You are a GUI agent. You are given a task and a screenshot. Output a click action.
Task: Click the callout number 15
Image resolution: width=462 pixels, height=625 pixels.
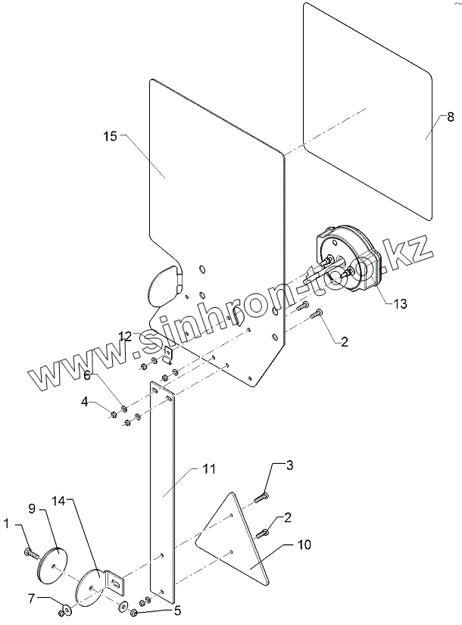pos(110,136)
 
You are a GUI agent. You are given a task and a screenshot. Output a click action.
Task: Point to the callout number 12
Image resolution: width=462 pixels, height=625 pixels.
pos(125,334)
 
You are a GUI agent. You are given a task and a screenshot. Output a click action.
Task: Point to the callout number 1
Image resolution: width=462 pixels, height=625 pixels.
pos(8,523)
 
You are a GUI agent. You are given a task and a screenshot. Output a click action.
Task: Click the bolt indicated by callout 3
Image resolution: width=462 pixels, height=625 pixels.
pos(262,496)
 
